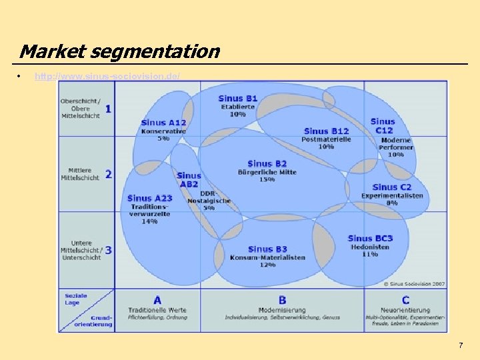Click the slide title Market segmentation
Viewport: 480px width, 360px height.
119,51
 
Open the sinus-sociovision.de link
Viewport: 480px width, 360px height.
107,77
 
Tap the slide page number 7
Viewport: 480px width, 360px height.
460,345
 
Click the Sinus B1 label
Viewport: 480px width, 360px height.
237,99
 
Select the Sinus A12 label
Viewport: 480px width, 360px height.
163,123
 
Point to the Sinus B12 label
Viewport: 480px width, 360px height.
326,131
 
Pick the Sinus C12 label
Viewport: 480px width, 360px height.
383,126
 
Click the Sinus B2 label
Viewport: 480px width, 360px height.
267,163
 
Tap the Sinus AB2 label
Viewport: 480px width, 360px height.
189,179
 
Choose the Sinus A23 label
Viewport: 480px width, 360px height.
149,198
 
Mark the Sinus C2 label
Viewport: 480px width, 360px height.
392,187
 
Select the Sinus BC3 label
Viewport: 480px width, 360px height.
370,238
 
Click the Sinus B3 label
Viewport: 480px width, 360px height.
267,249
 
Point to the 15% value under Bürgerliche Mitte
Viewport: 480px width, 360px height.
267,179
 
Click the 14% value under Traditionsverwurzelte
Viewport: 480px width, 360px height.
149,222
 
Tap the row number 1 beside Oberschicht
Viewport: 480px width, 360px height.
108,108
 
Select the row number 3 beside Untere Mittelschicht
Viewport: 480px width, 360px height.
108,250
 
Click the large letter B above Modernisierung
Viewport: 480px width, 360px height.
283,301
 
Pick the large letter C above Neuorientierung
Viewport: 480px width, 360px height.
405,301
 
